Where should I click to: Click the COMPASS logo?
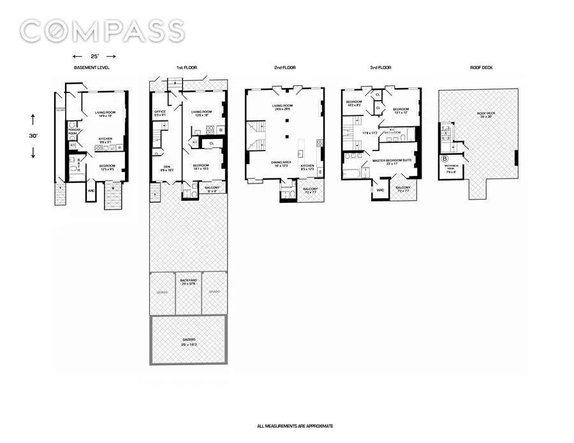point(102,31)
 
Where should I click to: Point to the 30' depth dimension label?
point(33,136)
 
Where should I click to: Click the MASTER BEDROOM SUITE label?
point(390,160)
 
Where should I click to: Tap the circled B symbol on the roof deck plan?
point(445,159)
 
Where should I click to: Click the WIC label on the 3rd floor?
point(380,189)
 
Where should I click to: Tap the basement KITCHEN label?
point(106,138)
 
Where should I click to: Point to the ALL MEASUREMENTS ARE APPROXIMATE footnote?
point(295,425)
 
